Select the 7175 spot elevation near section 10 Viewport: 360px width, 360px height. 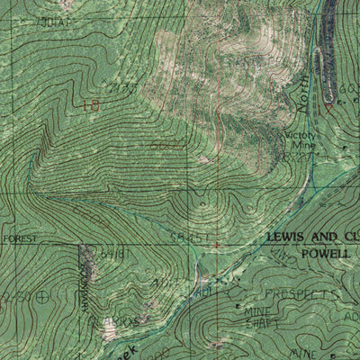click(x=119, y=88)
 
